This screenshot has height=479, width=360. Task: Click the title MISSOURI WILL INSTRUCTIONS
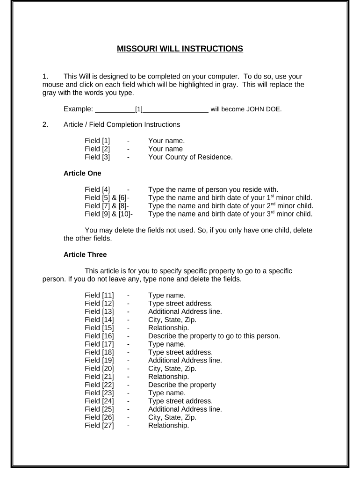click(180, 48)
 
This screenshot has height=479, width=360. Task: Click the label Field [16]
click(99, 335)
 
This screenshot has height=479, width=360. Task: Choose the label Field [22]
click(99, 385)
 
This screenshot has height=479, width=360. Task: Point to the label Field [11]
click(99, 295)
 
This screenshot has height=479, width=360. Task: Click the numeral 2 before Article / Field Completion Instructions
click(45, 124)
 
